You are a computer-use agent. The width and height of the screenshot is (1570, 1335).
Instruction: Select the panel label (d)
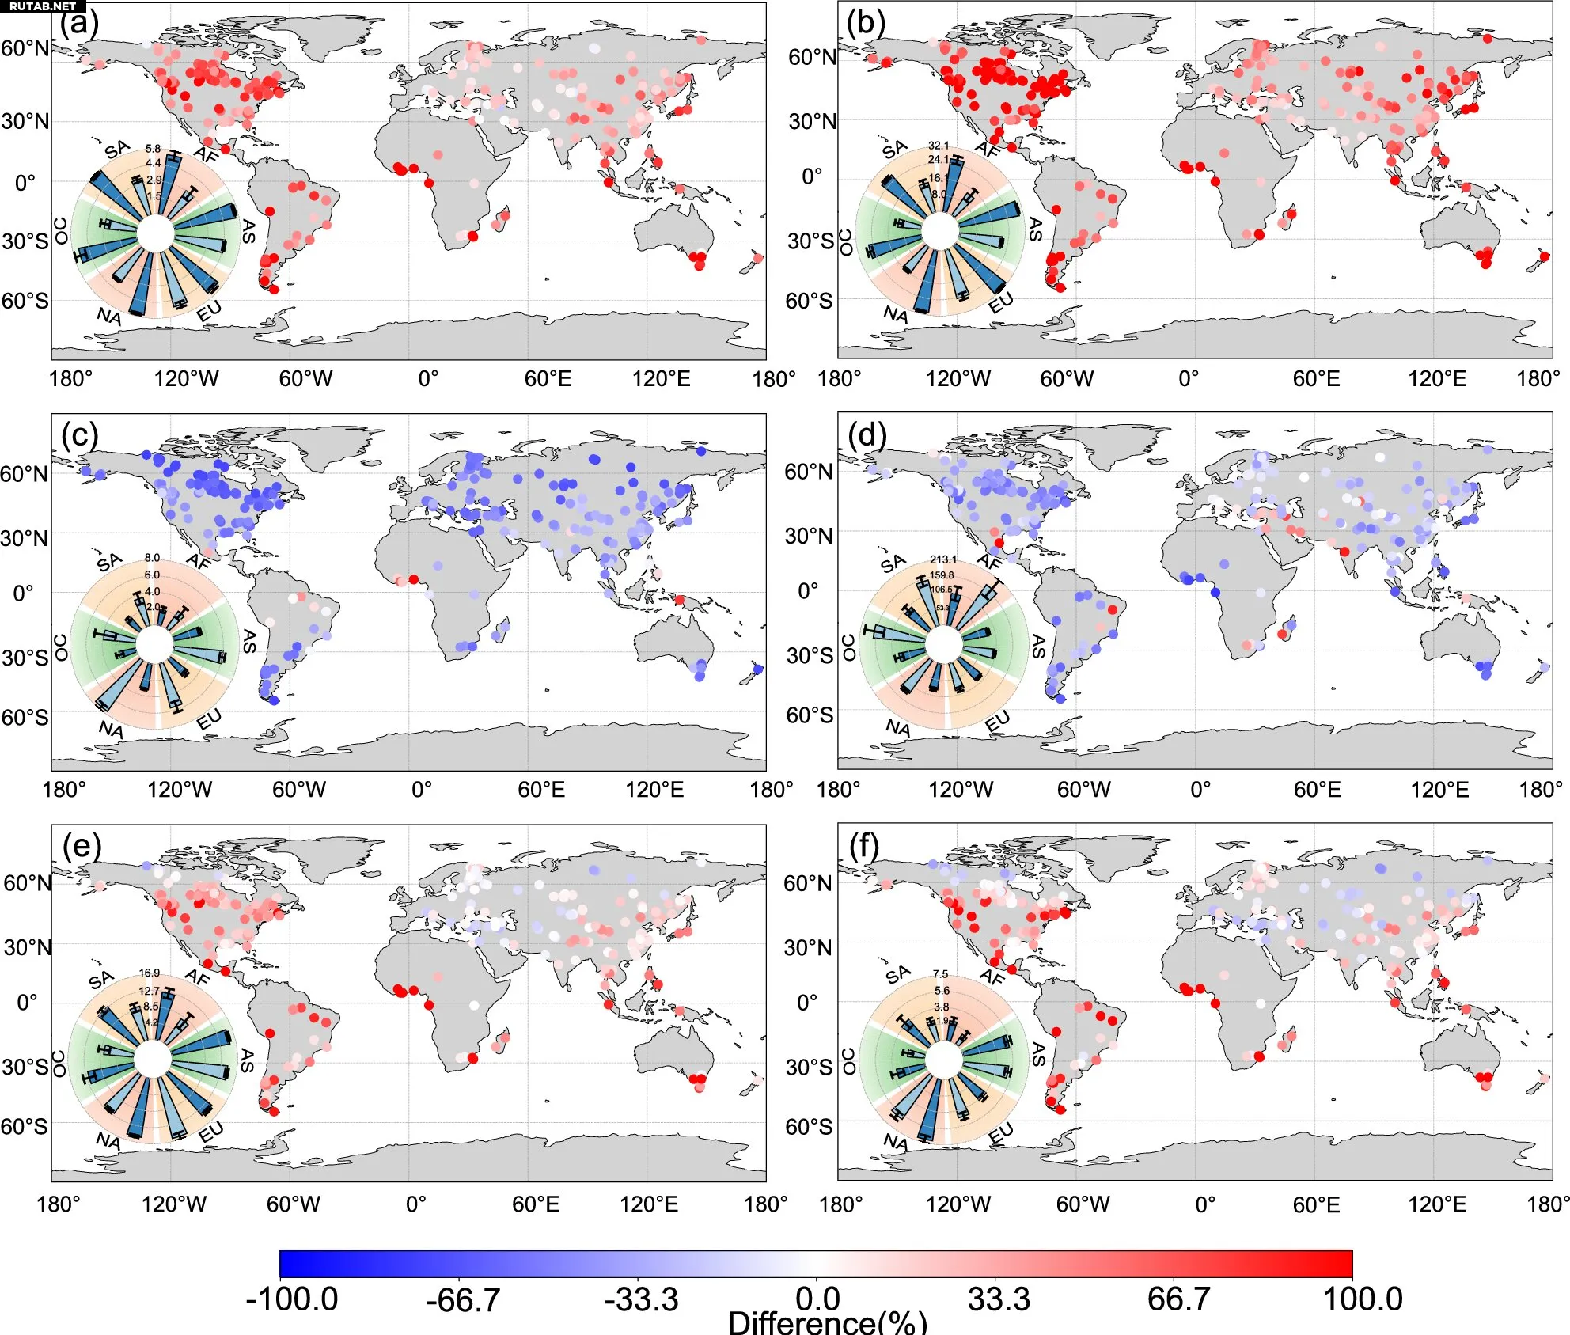click(867, 434)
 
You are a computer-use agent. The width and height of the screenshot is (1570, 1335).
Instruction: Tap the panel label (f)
click(864, 846)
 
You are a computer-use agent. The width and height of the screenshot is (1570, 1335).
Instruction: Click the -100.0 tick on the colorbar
click(291, 1299)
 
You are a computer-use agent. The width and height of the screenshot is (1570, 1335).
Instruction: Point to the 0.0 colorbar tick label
click(817, 1299)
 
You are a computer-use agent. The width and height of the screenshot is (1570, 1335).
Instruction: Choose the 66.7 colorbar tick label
click(1178, 1299)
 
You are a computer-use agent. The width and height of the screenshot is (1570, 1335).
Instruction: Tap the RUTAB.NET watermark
click(42, 6)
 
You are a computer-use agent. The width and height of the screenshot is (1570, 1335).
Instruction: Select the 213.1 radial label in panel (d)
click(942, 559)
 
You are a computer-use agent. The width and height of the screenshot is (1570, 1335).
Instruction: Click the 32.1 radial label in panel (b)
click(939, 146)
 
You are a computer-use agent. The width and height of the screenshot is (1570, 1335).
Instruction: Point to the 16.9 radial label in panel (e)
click(150, 973)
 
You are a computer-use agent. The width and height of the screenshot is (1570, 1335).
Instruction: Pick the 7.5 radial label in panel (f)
click(940, 974)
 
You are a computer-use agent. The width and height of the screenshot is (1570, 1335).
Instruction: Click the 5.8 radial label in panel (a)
click(153, 149)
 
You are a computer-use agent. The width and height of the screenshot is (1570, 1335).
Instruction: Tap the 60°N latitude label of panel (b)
click(812, 57)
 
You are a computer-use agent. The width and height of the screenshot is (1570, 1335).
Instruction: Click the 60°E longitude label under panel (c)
click(541, 790)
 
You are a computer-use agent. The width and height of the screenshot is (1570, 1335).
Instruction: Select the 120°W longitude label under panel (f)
click(958, 1204)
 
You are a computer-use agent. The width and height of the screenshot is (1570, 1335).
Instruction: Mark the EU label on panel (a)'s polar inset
click(210, 313)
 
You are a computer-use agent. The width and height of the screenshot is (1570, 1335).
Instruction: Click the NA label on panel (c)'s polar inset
click(112, 729)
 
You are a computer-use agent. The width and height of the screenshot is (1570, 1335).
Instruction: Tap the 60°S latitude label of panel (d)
click(810, 715)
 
